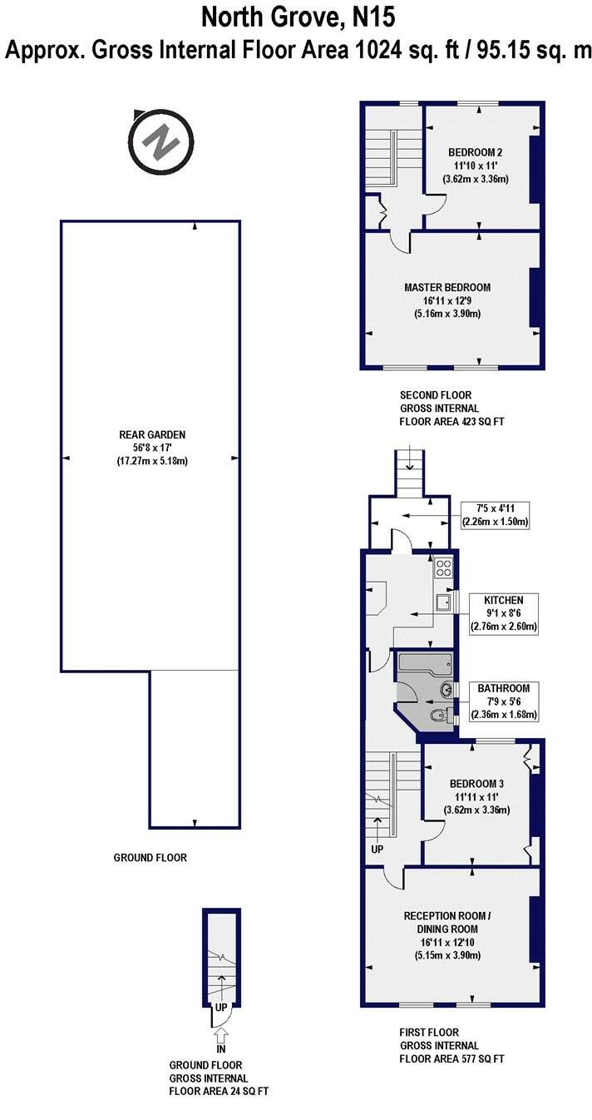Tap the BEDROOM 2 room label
point(476,152)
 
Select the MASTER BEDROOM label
point(447,287)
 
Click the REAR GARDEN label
point(152,434)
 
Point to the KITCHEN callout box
point(504,613)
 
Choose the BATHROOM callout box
point(504,701)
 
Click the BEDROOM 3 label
point(476,784)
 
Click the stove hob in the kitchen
point(444,569)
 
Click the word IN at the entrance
point(221,1049)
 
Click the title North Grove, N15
point(295,17)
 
